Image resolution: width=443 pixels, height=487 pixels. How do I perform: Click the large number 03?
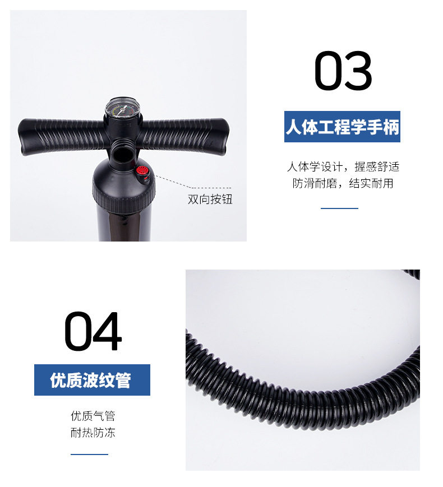coord(343,71)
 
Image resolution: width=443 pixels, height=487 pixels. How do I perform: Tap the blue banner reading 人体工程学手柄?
coord(342,127)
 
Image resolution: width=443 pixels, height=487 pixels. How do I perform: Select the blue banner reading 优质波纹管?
coord(92,380)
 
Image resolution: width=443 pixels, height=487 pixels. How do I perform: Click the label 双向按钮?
coord(210,200)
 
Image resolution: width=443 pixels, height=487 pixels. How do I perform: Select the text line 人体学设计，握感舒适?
coord(343,166)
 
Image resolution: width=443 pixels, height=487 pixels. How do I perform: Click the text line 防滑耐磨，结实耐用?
coord(343,183)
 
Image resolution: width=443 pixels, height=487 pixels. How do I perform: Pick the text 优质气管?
coord(93,416)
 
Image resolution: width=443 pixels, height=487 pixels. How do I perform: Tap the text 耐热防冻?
coord(93,433)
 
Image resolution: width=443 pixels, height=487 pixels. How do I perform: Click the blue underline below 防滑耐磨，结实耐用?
coord(339,208)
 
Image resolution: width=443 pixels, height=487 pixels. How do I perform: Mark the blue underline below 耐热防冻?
coord(89,454)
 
